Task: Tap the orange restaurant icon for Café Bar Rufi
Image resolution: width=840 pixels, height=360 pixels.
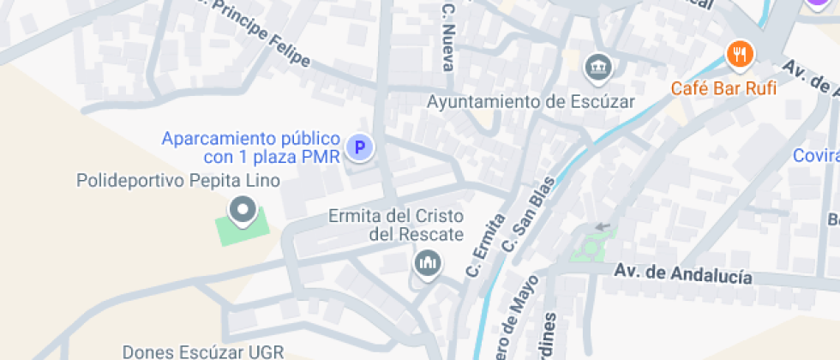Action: (738, 56)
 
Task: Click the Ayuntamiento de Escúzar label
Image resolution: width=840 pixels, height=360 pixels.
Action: (531, 102)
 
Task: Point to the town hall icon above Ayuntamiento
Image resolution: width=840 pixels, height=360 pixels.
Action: (597, 66)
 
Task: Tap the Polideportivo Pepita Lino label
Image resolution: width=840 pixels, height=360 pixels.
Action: (178, 181)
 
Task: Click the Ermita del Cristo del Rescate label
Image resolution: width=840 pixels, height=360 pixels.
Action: (396, 225)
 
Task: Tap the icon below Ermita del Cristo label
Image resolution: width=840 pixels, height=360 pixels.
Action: (427, 263)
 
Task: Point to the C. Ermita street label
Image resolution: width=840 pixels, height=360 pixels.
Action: (485, 245)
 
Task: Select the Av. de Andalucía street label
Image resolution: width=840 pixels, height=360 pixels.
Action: (683, 274)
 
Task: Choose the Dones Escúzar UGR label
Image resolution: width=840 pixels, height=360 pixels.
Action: (202, 352)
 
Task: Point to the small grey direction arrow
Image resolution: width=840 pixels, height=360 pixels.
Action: (603, 226)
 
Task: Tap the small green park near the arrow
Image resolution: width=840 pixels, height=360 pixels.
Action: (589, 249)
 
